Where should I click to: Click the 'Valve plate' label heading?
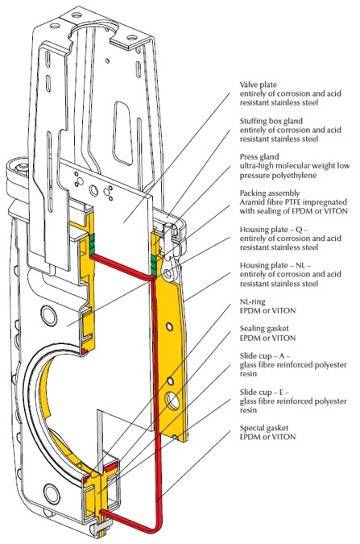tap(259, 85)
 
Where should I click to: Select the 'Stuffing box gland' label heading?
tap(271, 121)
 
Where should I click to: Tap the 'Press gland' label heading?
tap(259, 157)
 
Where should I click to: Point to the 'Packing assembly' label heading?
tap(270, 193)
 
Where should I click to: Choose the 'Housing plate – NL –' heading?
tap(275, 265)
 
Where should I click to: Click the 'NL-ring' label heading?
tap(253, 302)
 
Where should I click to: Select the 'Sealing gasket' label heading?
tap(264, 329)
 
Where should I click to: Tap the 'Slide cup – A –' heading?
tap(265, 356)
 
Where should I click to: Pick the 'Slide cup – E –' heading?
tap(265, 392)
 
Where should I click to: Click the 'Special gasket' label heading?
tap(264, 428)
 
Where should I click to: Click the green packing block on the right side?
tap(155, 264)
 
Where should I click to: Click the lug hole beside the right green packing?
tap(168, 273)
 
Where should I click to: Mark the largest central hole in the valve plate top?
tap(93, 189)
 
